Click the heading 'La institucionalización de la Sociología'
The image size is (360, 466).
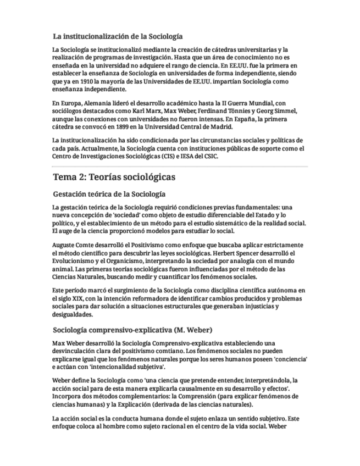[118, 37]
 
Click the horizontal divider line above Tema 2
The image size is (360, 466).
[180, 166]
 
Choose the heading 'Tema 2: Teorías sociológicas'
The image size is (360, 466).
[114, 177]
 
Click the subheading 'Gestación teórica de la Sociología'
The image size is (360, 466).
[109, 195]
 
